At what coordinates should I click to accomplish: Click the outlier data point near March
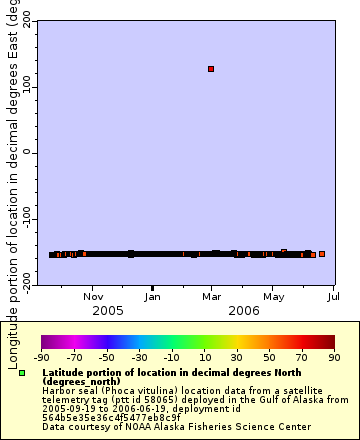211,69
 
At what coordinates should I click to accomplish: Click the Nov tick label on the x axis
93,296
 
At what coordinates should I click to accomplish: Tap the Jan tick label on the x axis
152,296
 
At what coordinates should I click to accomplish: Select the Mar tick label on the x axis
211,296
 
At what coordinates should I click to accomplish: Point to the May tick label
273,296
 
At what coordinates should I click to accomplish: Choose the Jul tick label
333,296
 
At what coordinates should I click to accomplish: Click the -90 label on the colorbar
42,357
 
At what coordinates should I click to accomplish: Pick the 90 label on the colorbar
334,357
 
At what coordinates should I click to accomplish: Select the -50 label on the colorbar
107,357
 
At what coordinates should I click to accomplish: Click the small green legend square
22,373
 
